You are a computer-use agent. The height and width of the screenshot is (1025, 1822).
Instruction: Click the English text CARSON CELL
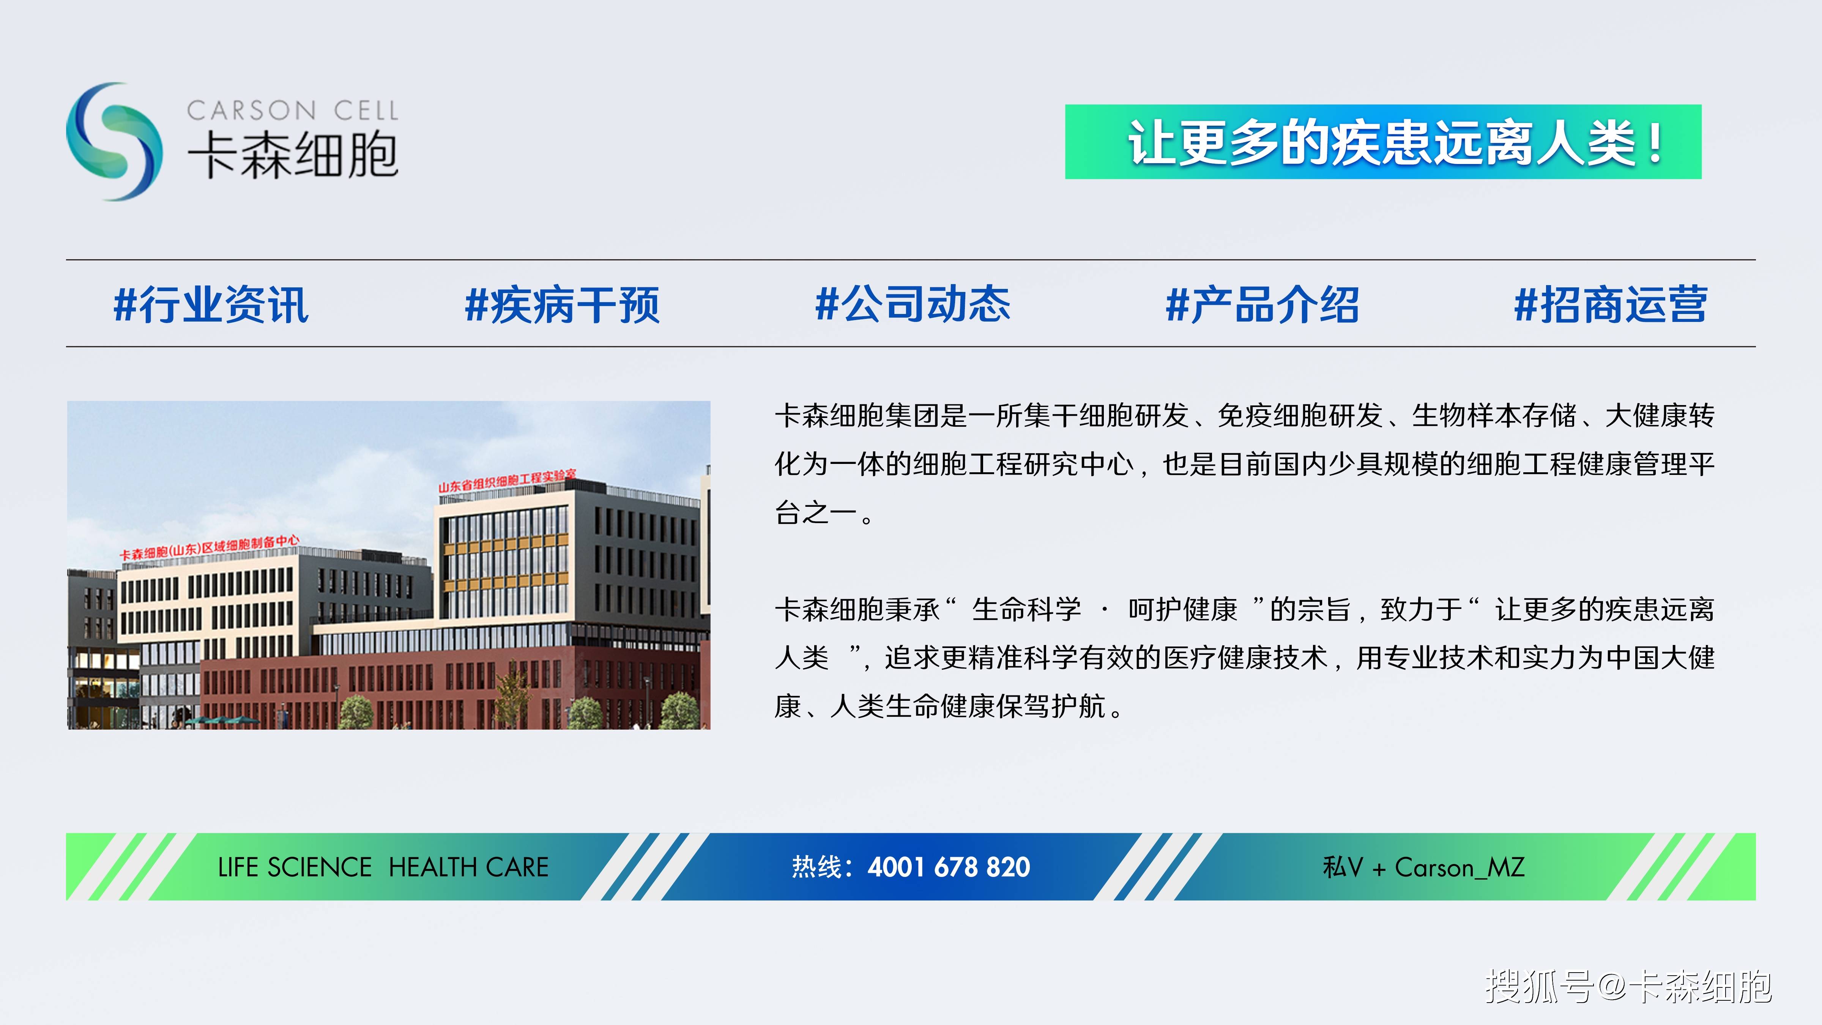pyautogui.click(x=293, y=110)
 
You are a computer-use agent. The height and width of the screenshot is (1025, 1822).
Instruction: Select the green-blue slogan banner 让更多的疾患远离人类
pyautogui.click(x=1383, y=142)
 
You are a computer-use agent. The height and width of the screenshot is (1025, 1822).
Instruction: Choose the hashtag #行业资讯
pyautogui.click(x=211, y=305)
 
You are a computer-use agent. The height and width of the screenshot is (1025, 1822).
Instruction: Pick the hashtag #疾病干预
pyautogui.click(x=562, y=305)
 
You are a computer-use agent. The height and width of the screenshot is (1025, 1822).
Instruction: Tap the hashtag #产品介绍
pyautogui.click(x=1262, y=305)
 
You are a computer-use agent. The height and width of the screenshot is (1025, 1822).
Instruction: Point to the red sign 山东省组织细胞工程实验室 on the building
pyautogui.click(x=507, y=479)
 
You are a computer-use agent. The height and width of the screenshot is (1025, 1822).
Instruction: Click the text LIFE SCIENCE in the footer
pyautogui.click(x=294, y=867)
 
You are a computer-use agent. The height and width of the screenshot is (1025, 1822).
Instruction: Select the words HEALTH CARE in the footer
pyautogui.click(x=468, y=867)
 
